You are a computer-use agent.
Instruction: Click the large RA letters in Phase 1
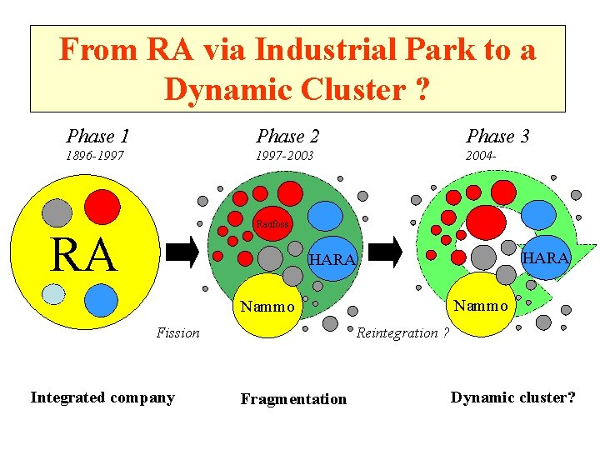84,254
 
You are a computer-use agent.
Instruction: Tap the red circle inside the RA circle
102,207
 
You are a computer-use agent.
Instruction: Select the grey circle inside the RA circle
57,213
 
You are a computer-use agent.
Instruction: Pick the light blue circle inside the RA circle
53,294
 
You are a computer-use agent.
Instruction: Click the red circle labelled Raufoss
272,224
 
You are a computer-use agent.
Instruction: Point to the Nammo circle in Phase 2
267,305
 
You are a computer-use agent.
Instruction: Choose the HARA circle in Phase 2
332,259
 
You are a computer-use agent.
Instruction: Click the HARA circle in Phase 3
545,257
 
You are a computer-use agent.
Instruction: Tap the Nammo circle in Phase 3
481,305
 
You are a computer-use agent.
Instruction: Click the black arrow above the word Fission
182,252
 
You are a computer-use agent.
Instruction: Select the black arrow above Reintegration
385,252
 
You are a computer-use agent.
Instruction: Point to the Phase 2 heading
287,136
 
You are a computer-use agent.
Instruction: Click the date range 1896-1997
95,156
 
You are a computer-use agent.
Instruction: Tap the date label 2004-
481,156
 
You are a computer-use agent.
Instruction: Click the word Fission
178,332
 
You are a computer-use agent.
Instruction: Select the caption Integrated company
102,398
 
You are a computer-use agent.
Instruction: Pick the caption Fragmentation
293,399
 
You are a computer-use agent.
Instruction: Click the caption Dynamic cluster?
512,398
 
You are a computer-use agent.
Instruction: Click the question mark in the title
422,89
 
